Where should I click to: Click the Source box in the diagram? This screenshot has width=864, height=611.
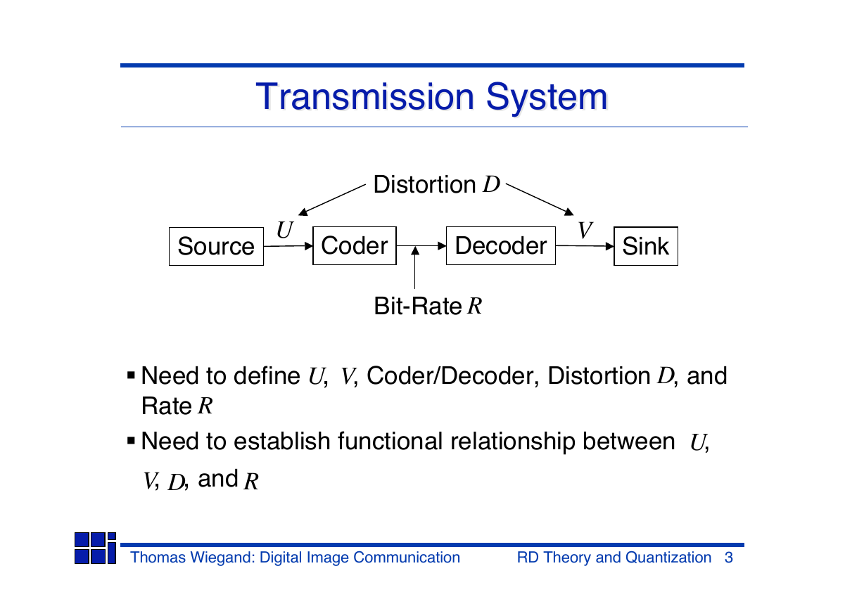coord(216,246)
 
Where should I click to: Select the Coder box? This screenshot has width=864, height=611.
coord(355,245)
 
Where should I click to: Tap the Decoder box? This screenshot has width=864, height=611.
coord(501,245)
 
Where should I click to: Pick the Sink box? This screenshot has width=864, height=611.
coord(646,246)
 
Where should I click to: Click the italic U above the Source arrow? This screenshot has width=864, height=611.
coord(285,230)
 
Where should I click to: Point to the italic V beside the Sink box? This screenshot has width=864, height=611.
coord(585,230)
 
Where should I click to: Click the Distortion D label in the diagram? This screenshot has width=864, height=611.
coord(437,184)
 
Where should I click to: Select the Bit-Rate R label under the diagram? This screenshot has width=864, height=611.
coord(428,306)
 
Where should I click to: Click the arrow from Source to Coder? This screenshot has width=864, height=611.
coord(288,246)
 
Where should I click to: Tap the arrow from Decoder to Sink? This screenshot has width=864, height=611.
coord(585,246)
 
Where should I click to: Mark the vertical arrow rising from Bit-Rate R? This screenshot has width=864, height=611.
coord(415,267)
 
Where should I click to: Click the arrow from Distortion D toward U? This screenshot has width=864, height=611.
coord(332,200)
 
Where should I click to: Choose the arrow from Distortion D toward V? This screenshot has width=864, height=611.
coord(540,199)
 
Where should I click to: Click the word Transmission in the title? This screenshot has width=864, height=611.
coord(365,96)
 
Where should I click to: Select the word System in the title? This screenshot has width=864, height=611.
coord(547,97)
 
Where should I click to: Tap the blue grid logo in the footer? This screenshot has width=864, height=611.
coord(95,548)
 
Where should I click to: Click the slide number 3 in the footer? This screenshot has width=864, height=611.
coord(729,558)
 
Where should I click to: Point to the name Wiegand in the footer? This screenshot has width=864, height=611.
coord(222,558)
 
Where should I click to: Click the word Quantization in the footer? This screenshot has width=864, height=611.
coord(668,558)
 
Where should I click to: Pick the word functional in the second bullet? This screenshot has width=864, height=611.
coord(390,441)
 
